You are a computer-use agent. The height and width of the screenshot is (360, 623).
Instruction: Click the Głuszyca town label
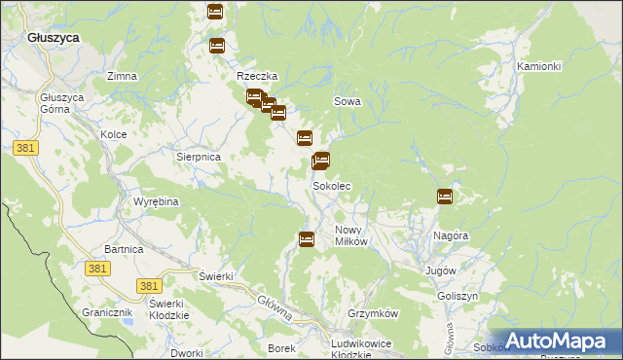pos(54,36)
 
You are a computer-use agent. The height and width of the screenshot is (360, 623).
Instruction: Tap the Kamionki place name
pos(538,66)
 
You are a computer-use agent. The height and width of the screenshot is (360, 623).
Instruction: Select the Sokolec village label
pos(331,185)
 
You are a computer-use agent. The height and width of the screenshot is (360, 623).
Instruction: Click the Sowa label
pos(348,100)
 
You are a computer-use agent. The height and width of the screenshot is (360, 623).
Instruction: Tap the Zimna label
pos(122,76)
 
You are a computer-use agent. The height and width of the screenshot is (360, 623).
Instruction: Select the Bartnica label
pos(124,250)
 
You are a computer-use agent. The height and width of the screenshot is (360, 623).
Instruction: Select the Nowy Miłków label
pos(350,235)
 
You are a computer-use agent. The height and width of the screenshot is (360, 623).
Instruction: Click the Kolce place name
pos(114,134)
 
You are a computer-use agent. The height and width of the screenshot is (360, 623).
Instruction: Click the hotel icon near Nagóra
pos(445,197)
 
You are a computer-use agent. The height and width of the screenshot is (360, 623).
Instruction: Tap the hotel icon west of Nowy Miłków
pos(307,238)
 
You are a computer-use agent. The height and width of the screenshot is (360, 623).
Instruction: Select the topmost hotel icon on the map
pos(215,12)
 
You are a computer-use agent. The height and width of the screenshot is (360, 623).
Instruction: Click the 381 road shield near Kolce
pos(26,147)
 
